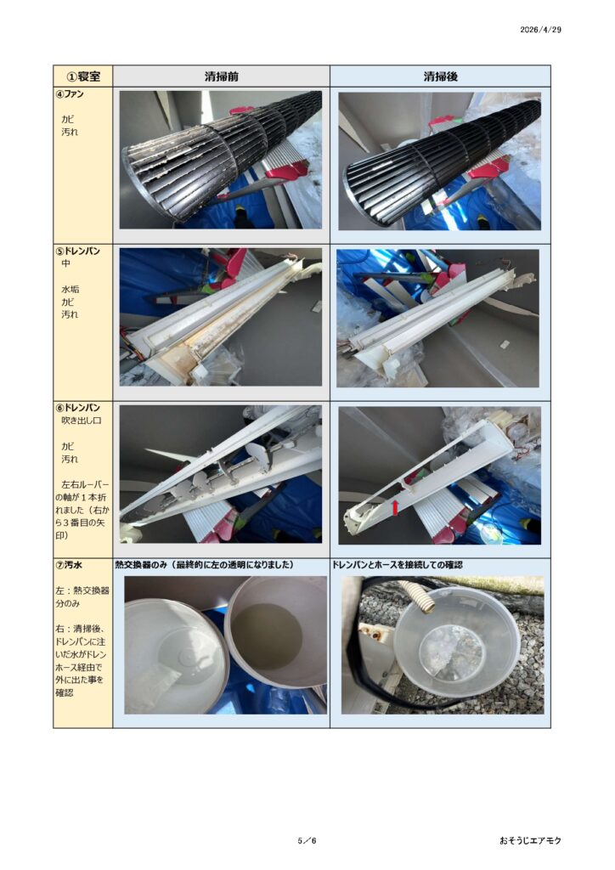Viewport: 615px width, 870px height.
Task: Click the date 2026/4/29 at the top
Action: click(x=540, y=30)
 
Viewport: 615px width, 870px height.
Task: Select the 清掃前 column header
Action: click(x=221, y=76)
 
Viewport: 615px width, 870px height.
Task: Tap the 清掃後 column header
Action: click(x=440, y=76)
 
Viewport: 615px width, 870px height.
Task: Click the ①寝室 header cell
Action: click(x=83, y=76)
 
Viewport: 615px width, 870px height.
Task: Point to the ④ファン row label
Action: click(x=70, y=94)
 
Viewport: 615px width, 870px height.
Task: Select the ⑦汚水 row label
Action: click(x=70, y=565)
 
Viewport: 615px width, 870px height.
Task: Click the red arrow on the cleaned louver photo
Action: click(x=395, y=507)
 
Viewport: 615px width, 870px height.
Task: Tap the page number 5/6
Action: click(x=307, y=840)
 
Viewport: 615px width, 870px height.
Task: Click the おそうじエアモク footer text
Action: click(x=530, y=840)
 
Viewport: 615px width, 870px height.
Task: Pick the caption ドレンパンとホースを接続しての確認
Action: click(x=397, y=565)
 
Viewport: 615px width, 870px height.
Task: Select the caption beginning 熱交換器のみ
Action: click(x=204, y=565)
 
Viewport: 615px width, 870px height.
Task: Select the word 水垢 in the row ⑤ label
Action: click(x=70, y=289)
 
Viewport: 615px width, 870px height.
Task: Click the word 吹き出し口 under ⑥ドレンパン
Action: click(x=81, y=421)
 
